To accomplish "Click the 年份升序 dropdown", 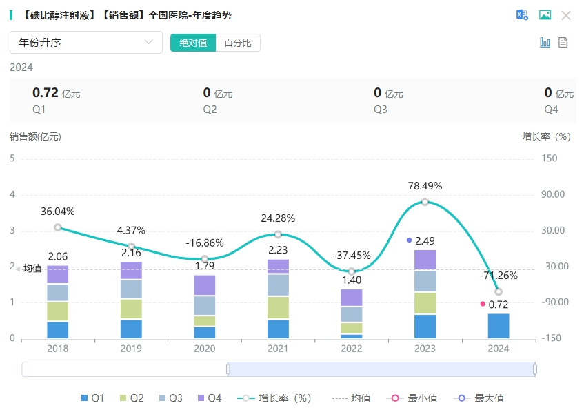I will pos(85,43).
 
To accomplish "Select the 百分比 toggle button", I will pos(238,43).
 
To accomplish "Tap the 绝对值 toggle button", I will pos(193,43).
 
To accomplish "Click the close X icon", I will pos(566,15).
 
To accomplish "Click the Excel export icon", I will pos(522,15).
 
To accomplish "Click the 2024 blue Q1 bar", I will pos(498,326).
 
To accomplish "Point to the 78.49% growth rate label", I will pos(425,186).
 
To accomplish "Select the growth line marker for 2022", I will pos(352,271).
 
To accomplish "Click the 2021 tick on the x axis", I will pos(278,349).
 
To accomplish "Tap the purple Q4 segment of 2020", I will pos(205,285).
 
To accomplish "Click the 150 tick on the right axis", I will pos(550,158).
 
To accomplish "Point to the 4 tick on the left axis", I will pos(12,194).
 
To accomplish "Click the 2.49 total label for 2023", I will pos(425,241).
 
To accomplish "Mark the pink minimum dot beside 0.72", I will pos(483,304).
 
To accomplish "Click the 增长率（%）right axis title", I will pos(546,136).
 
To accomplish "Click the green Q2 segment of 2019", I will pos(131,309).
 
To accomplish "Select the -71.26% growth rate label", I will pos(499,276).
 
